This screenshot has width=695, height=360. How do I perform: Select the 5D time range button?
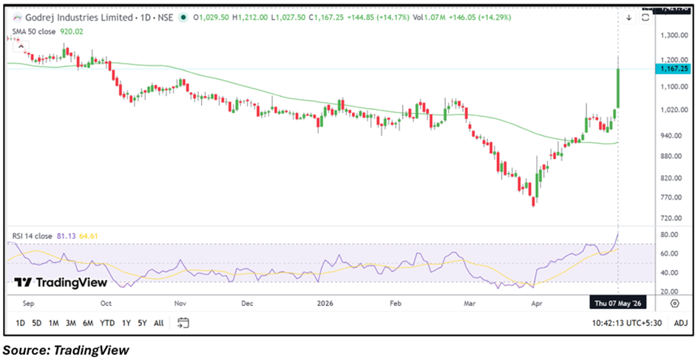pyautogui.click(x=37, y=323)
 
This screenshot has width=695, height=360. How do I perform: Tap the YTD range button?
pyautogui.click(x=106, y=323)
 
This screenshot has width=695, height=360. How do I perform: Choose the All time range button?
pyautogui.click(x=158, y=323)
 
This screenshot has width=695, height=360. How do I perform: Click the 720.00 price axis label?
pyautogui.click(x=674, y=219)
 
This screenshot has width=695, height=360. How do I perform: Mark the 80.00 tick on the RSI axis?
pyautogui.click(x=676, y=234)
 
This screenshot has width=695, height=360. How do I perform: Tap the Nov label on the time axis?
pyautogui.click(x=180, y=304)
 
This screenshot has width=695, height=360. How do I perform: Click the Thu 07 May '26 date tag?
pyautogui.click(x=617, y=304)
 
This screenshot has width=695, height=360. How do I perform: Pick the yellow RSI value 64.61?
pyautogui.click(x=89, y=236)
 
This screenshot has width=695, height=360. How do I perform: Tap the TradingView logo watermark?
pyautogui.click(x=61, y=282)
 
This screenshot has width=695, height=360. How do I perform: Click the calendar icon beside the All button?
pyautogui.click(x=183, y=323)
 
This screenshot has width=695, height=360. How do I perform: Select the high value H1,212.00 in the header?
pyautogui.click(x=253, y=18)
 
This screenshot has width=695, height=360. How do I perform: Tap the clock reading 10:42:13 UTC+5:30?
pyautogui.click(x=626, y=323)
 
